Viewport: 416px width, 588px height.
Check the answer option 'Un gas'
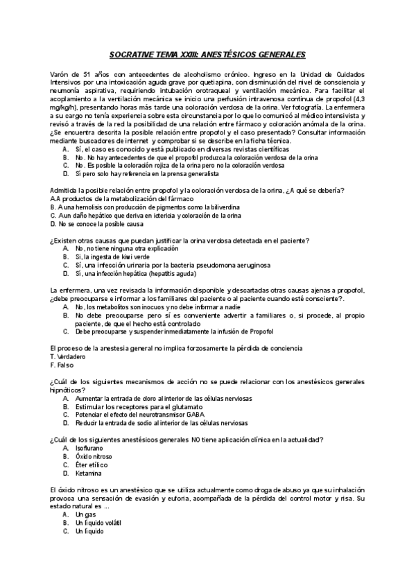tap(85, 514)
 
